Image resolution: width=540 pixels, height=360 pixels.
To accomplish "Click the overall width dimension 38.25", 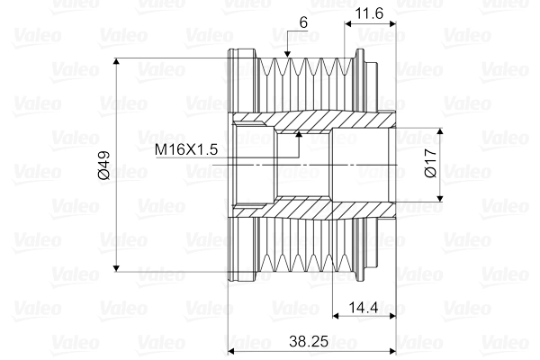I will pos(315,342).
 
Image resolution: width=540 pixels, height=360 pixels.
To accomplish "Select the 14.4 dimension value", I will pos(364,307).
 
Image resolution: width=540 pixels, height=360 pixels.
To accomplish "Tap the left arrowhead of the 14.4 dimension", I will pos(338,316).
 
